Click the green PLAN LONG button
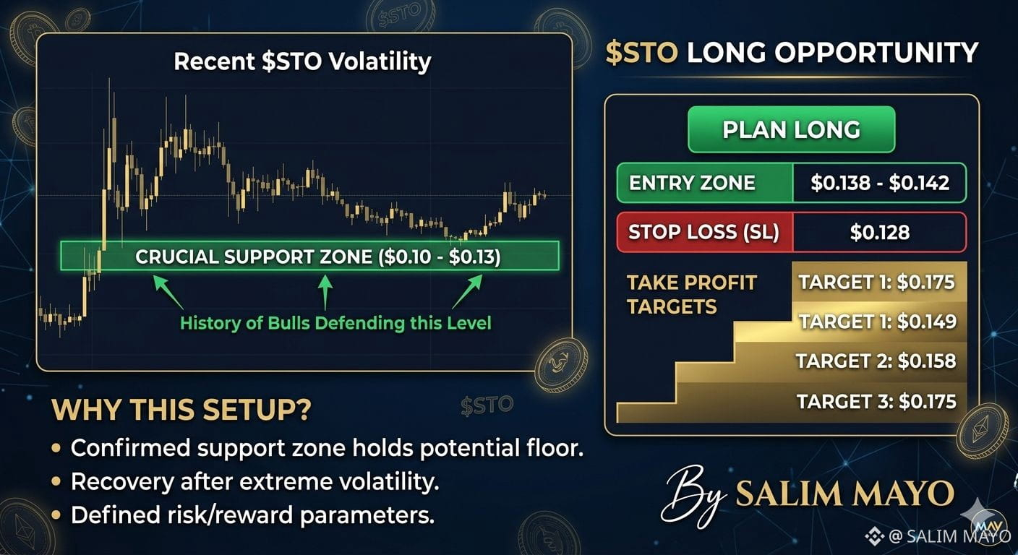[x=791, y=129]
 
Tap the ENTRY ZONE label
[x=692, y=183]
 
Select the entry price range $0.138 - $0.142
[x=880, y=183]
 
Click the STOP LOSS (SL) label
[x=703, y=232]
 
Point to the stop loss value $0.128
[x=880, y=232]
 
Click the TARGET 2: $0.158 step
[x=876, y=361]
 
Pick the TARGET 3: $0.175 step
[x=876, y=402]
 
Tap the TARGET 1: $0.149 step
[x=878, y=322]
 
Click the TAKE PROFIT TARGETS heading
[x=691, y=294]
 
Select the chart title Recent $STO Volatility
[x=302, y=61]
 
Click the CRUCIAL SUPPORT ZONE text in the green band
[x=317, y=257]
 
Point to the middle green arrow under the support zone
[x=325, y=293]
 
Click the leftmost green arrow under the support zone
[x=168, y=293]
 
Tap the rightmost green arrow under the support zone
[x=467, y=291]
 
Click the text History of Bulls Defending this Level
[x=335, y=323]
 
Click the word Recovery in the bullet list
[x=122, y=482]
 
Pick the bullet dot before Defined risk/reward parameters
[x=56, y=515]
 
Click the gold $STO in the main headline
[x=642, y=53]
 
